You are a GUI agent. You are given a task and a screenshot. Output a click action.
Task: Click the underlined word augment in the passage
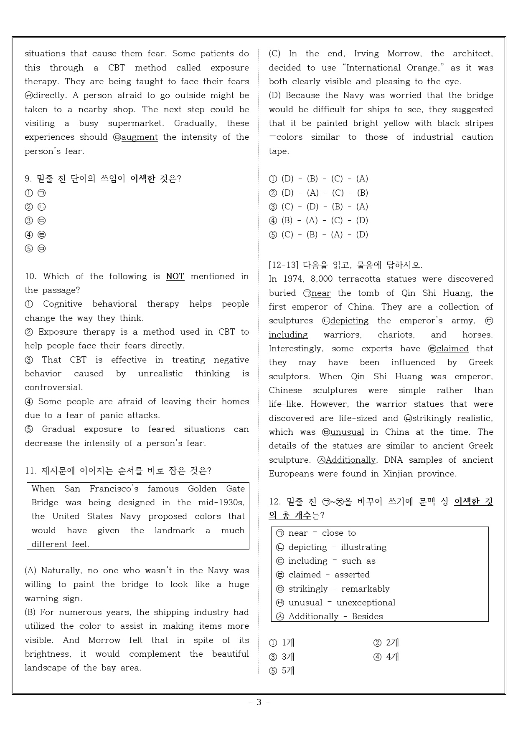139,137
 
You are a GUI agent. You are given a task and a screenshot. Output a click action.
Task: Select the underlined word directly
49,96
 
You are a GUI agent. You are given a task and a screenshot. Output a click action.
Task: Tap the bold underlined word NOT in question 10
175,276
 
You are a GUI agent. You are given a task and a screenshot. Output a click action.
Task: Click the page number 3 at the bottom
259,702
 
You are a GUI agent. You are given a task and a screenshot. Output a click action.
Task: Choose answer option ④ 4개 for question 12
386,657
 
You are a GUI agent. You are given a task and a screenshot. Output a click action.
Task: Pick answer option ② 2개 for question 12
386,643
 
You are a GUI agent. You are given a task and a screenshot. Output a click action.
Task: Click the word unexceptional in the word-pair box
366,602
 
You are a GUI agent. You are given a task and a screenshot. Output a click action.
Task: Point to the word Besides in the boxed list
367,616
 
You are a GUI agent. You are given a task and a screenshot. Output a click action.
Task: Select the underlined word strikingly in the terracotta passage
432,418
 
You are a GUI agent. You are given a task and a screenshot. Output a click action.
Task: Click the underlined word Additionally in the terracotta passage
350,460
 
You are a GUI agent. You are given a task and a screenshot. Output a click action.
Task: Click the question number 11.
30,471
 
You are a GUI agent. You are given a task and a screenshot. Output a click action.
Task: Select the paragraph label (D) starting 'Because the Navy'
275,96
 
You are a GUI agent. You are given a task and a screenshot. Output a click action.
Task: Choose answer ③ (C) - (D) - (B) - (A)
319,207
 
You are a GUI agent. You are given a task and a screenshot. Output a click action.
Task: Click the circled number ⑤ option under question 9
29,249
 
